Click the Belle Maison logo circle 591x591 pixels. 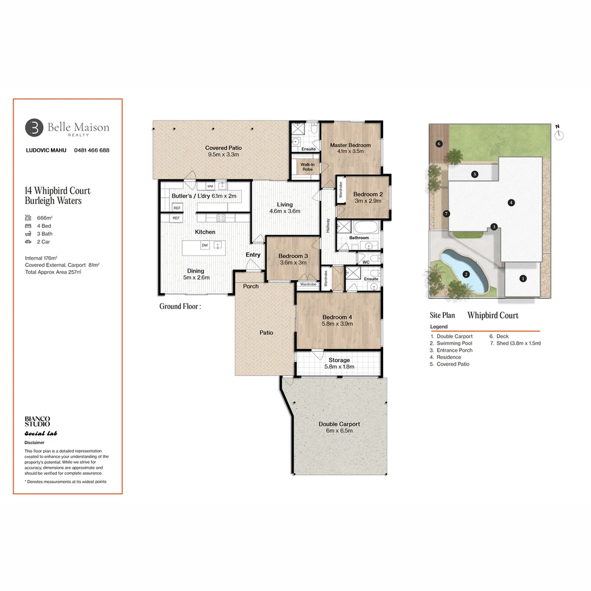pos(34,128)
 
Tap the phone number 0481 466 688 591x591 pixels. pos(88,150)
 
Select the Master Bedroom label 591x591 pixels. pos(350,145)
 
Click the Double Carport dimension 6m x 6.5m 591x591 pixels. pos(339,431)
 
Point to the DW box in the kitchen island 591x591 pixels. pos(204,246)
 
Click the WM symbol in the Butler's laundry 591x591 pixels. pos(210,186)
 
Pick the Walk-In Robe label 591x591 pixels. pos(304,166)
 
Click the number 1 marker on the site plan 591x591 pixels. pos(523,279)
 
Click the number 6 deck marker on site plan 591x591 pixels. pos(438,143)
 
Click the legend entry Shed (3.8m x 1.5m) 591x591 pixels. pos(515,343)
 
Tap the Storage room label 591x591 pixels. pos(339,360)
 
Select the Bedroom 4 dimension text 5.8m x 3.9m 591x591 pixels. pos(338,324)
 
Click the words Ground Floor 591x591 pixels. pos(180,306)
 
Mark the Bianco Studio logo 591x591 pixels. pos(37,421)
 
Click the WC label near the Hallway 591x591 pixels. pos(366,263)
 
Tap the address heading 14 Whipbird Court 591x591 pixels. pos(57,191)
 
